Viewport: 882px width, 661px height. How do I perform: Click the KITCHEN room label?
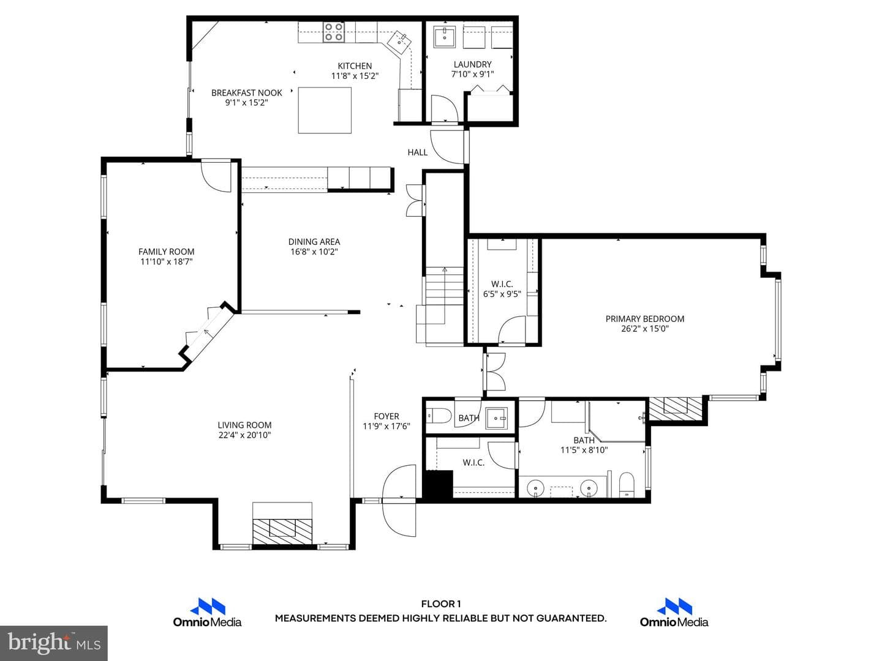click(x=355, y=66)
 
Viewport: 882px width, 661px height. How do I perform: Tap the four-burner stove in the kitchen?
click(x=334, y=32)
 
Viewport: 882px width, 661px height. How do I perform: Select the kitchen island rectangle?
click(x=325, y=110)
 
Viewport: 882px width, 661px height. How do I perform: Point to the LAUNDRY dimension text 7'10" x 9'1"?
click(x=472, y=74)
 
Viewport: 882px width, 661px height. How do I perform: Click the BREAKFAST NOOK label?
click(x=247, y=92)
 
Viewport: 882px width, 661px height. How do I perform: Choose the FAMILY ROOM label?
click(x=167, y=252)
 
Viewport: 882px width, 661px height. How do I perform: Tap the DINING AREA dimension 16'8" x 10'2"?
click(x=314, y=252)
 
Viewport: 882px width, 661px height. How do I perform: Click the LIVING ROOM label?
click(x=244, y=425)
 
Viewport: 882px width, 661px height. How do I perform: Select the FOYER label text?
click(x=386, y=416)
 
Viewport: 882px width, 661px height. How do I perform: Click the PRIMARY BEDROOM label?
click(x=645, y=319)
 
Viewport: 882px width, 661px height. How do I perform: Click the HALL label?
click(x=418, y=152)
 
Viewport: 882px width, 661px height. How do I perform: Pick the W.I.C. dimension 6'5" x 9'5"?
click(x=502, y=294)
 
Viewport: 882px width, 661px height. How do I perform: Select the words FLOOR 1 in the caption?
click(x=441, y=604)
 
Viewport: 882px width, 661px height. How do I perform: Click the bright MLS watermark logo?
click(x=54, y=643)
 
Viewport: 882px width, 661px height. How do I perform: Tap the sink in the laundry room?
click(x=445, y=37)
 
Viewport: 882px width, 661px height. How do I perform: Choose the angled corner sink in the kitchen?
click(x=399, y=42)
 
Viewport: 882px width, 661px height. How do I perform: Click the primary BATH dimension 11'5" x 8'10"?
click(x=584, y=450)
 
